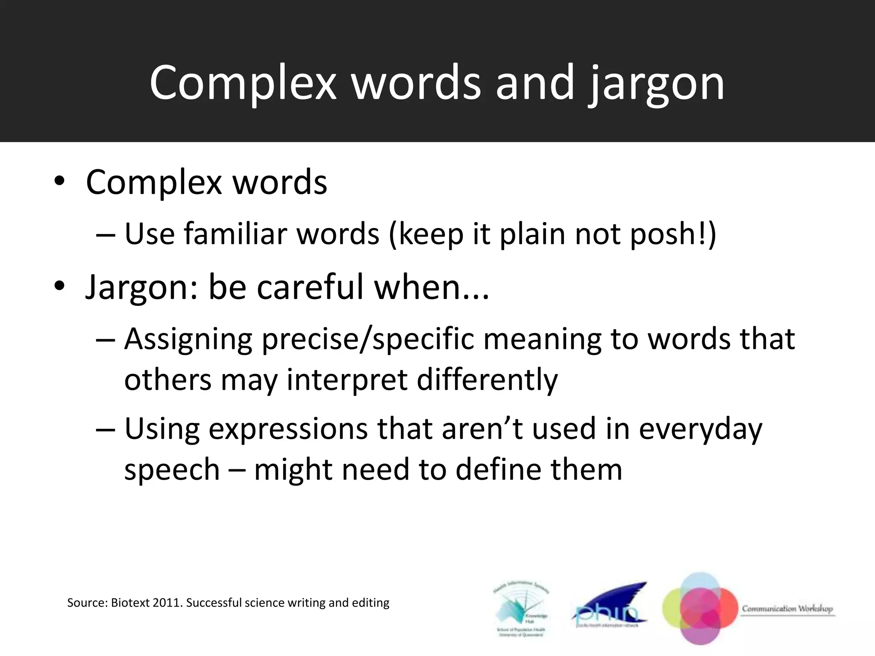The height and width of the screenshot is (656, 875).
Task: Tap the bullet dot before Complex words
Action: (x=59, y=182)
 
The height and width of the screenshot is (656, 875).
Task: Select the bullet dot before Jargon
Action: (x=59, y=287)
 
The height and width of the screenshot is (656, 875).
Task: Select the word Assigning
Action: (x=188, y=340)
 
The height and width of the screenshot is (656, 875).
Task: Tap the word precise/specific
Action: (x=367, y=340)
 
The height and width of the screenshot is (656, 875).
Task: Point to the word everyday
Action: (x=700, y=429)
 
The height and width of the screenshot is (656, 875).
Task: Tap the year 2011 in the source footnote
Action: (x=167, y=603)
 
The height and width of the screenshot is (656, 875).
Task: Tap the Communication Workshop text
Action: (x=787, y=609)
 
